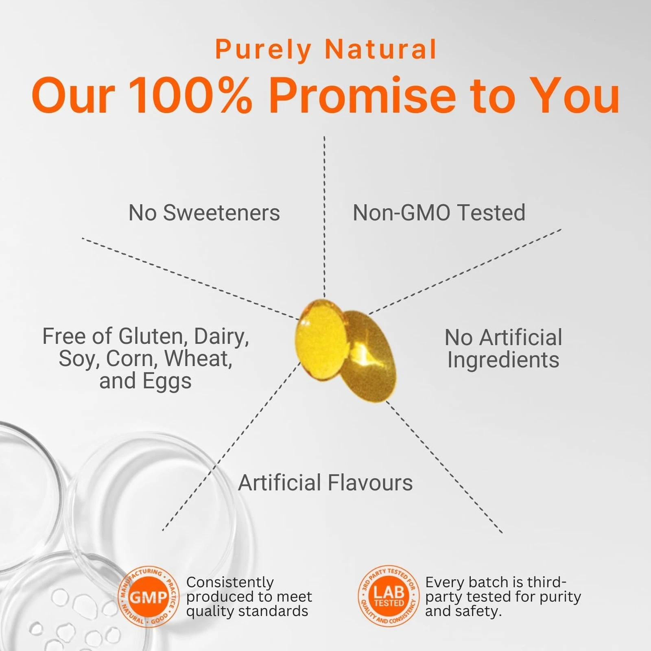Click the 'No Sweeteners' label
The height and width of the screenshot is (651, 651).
(x=204, y=213)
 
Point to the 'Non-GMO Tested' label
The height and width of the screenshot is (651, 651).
(x=439, y=213)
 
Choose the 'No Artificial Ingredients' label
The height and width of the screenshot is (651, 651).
(x=503, y=349)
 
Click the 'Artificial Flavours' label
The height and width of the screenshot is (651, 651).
(x=325, y=483)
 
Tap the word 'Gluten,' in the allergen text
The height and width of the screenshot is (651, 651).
(x=153, y=336)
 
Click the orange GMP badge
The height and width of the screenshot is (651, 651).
(x=148, y=597)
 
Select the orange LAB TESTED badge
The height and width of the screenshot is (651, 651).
(x=389, y=596)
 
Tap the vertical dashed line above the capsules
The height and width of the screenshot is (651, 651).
(x=324, y=217)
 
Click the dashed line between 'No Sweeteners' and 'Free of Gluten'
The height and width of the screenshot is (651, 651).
(x=190, y=279)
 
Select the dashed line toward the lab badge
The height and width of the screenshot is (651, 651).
(x=444, y=467)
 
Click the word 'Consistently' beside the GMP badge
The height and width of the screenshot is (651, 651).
(x=230, y=583)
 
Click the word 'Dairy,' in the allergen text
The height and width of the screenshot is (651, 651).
(x=221, y=336)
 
